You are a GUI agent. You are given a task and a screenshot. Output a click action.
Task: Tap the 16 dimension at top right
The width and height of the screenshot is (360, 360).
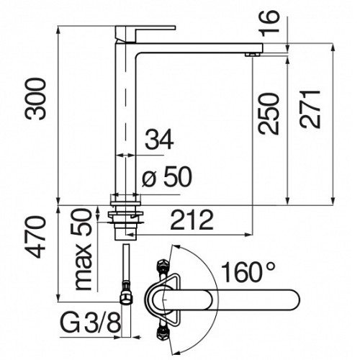[271, 23]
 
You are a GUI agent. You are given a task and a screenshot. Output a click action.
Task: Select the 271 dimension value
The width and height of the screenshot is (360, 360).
[310, 109]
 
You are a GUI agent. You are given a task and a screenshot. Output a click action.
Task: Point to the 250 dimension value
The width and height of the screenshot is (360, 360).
[269, 113]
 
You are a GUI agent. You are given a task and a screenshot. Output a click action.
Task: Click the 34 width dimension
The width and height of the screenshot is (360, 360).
[159, 139]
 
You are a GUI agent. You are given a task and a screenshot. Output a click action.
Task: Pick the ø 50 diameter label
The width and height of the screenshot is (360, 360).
[167, 177]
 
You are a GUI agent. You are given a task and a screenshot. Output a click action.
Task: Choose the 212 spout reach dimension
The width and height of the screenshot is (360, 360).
[192, 220]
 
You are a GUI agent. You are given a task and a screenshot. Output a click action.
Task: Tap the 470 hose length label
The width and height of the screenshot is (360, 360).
[36, 237]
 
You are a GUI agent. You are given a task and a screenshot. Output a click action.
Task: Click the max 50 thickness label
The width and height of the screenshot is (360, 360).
[83, 250]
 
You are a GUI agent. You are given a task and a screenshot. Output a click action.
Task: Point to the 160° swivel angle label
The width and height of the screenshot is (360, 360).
[248, 272]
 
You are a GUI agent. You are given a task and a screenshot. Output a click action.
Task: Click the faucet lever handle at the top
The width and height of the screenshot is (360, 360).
[145, 34]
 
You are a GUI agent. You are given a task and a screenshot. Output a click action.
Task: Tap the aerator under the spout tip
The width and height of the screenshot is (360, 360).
[252, 55]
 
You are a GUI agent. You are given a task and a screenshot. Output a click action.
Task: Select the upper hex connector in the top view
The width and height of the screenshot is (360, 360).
[162, 266]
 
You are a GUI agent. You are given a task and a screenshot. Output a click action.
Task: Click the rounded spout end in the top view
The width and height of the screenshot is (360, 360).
[294, 300]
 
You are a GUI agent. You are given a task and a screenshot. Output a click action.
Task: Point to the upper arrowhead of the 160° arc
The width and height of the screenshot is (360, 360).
[176, 247]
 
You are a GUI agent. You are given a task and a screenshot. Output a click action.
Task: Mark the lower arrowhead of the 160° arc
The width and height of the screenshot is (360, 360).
[176, 352]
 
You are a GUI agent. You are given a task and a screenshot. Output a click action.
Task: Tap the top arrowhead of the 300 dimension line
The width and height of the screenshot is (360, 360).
[58, 30]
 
